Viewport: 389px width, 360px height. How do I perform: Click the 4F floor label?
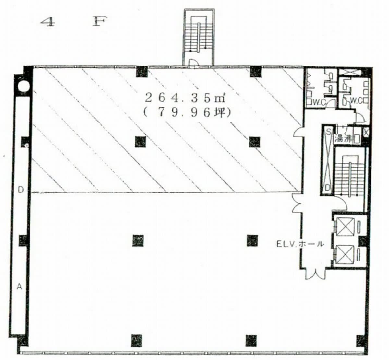[74, 22]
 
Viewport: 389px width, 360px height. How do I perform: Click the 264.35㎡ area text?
[185, 99]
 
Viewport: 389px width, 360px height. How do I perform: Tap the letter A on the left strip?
[19, 287]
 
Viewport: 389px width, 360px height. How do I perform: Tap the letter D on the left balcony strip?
[21, 190]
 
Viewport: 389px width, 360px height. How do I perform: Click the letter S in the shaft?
[328, 132]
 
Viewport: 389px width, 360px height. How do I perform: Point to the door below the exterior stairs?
[194, 64]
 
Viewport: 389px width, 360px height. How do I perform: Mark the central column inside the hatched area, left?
[140, 142]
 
